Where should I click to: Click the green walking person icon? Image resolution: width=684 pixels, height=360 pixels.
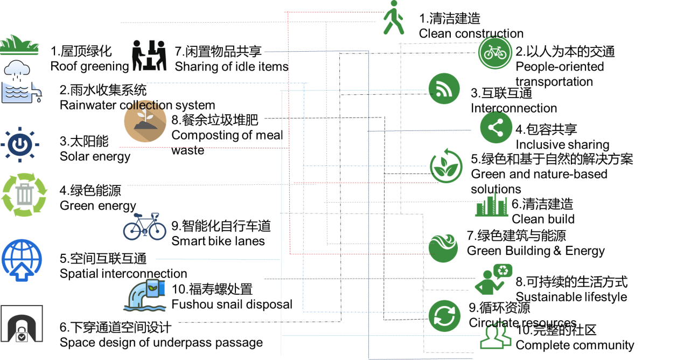tap(394, 17)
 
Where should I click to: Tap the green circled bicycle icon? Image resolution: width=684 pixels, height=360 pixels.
tap(495, 53)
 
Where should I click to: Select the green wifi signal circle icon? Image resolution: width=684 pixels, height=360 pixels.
tap(444, 88)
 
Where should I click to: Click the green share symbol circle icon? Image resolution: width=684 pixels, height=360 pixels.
tap(496, 127)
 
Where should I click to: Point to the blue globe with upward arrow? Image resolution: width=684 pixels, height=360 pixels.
tap(22, 260)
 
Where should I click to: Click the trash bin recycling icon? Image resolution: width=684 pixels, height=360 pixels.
tap(24, 195)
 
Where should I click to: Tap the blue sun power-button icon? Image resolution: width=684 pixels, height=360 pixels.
tap(20, 144)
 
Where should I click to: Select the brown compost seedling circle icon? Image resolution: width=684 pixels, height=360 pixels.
tap(145, 121)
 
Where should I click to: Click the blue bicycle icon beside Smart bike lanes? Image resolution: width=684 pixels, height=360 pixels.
tap(145, 227)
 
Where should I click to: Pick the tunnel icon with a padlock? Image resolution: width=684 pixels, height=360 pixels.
tap(22, 324)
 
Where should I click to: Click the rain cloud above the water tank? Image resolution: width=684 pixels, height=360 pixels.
tap(17, 70)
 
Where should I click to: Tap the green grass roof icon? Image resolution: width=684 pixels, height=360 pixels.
tap(19, 45)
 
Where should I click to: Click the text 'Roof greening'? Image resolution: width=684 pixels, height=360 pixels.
tap(90, 66)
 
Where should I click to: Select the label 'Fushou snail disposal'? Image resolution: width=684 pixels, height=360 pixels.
tap(232, 304)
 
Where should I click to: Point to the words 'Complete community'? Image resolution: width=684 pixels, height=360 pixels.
tap(575, 345)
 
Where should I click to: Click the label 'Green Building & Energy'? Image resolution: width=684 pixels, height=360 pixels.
tap(536, 251)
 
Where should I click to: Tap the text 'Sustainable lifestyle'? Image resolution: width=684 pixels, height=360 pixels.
tap(571, 297)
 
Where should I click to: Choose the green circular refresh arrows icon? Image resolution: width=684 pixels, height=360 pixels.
tap(444, 316)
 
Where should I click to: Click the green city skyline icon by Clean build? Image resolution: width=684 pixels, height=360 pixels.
tap(492, 205)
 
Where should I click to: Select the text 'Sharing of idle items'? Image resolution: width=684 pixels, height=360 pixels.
tap(232, 66)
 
